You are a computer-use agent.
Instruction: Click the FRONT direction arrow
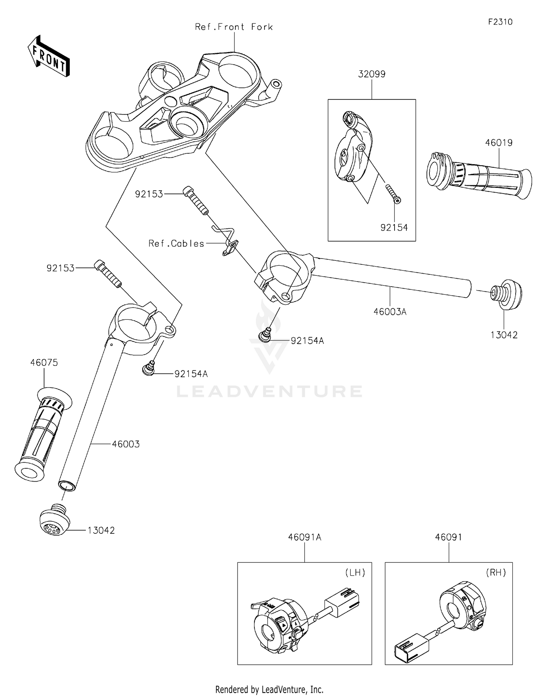pyautogui.click(x=49, y=56)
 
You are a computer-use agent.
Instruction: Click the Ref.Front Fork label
pyautogui.click(x=234, y=27)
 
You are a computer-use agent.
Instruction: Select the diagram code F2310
pyautogui.click(x=500, y=22)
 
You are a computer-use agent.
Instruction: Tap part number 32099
pyautogui.click(x=372, y=74)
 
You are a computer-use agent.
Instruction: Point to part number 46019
pyautogui.click(x=499, y=143)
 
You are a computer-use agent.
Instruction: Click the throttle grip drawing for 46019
pyautogui.click(x=478, y=176)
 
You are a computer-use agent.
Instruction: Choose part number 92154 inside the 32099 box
pyautogui.click(x=394, y=227)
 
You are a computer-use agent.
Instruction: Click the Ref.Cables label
pyautogui.click(x=176, y=243)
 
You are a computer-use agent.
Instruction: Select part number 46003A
pyautogui.click(x=390, y=312)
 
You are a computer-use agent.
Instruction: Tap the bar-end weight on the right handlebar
pyautogui.click(x=506, y=294)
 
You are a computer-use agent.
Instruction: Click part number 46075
pyautogui.click(x=44, y=363)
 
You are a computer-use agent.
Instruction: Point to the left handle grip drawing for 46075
pyautogui.click(x=43, y=434)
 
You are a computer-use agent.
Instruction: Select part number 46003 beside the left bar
pyautogui.click(x=126, y=444)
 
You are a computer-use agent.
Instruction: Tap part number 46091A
pyautogui.click(x=305, y=537)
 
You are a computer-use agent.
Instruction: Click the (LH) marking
pyautogui.click(x=355, y=572)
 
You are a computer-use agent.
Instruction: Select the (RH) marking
pyautogui.click(x=496, y=572)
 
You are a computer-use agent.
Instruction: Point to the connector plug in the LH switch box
pyautogui.click(x=342, y=602)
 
